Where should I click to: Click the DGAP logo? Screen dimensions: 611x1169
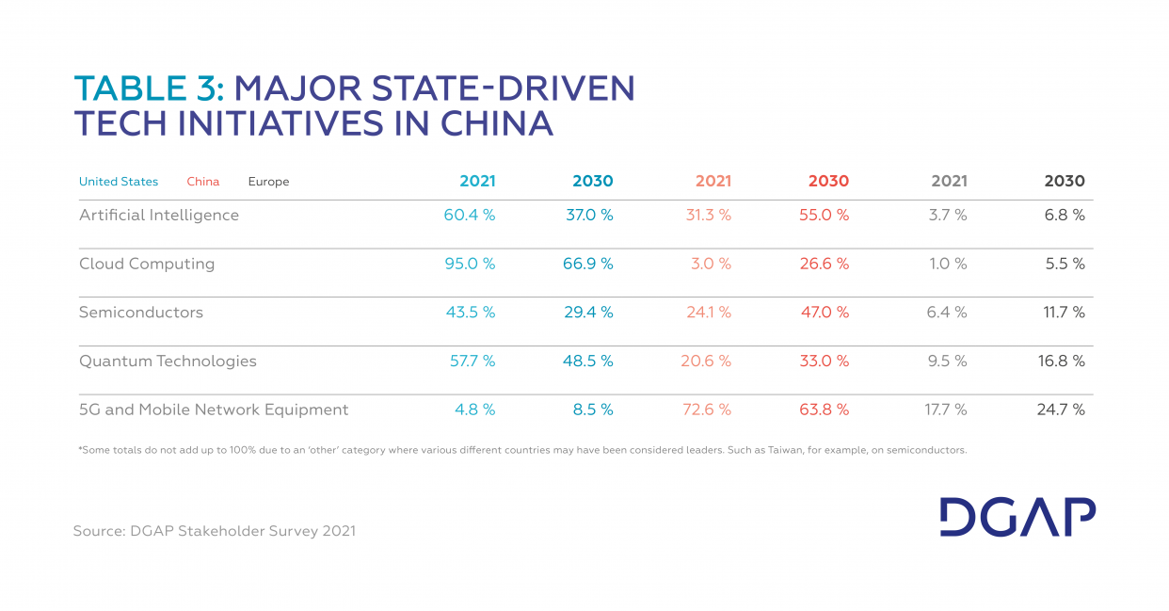(1017, 517)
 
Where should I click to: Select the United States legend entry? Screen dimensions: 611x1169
(119, 182)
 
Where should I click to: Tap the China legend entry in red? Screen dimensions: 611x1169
(202, 182)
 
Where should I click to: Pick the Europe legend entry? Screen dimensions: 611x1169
(268, 182)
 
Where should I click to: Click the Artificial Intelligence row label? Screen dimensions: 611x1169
(159, 216)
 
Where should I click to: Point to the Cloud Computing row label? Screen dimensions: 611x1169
(147, 265)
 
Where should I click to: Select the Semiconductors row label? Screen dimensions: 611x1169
(141, 313)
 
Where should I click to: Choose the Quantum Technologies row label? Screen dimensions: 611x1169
(168, 362)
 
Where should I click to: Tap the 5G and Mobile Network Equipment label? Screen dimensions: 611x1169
(214, 410)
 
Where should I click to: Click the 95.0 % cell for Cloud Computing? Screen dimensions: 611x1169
(470, 265)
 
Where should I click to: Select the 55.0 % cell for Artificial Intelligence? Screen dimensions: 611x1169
(824, 216)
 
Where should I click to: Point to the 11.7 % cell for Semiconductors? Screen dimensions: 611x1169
(1064, 313)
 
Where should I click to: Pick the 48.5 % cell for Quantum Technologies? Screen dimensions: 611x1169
(588, 362)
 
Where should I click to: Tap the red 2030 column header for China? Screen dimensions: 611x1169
(828, 182)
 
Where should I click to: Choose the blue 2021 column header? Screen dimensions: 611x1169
(477, 182)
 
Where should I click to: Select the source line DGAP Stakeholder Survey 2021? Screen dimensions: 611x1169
(215, 531)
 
